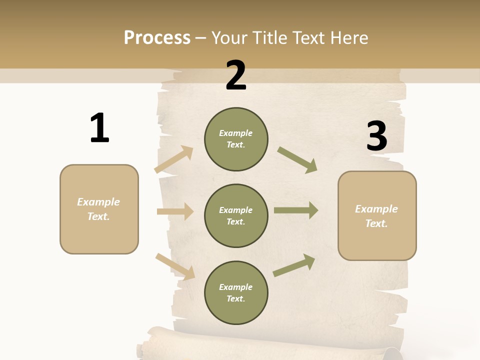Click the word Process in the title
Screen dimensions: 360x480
157,37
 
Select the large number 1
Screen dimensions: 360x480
99,128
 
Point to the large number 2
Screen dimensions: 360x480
236,75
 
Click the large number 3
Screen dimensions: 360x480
376,136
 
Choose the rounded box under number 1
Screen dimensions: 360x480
99,209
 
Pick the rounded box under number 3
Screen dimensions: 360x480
377,216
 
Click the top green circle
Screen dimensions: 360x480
236,139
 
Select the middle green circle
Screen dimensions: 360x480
236,215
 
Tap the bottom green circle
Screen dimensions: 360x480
236,292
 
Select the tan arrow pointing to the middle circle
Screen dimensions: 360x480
175,211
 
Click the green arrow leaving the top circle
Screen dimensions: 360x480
297,159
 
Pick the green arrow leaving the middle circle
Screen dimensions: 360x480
296,210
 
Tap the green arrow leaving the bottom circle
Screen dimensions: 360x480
294,265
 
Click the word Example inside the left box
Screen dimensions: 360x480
98,202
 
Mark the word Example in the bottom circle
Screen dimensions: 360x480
235,287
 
